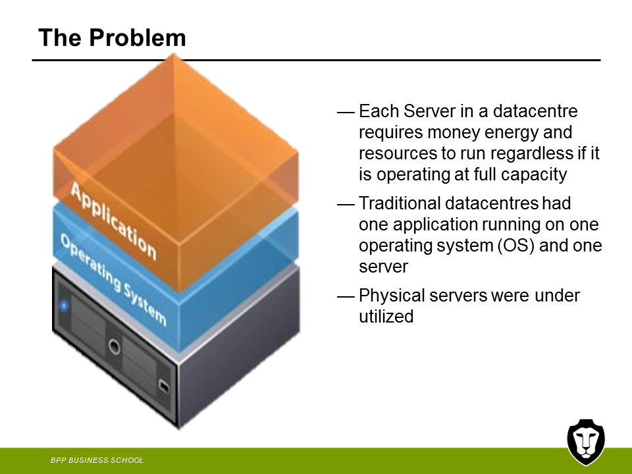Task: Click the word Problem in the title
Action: coord(138,38)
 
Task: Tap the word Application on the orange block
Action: coord(114,221)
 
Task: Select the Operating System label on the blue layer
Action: coord(113,280)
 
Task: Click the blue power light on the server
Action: coord(64,306)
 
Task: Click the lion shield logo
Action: coord(586,442)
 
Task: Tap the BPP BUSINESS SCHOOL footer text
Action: coord(97,460)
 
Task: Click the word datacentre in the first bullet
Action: coord(535,111)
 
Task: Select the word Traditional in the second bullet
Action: coord(400,203)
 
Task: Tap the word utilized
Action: coord(386,317)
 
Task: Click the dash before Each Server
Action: coord(346,113)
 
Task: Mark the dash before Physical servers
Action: coord(346,297)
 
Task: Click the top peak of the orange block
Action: coord(174,54)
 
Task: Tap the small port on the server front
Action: coord(164,386)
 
